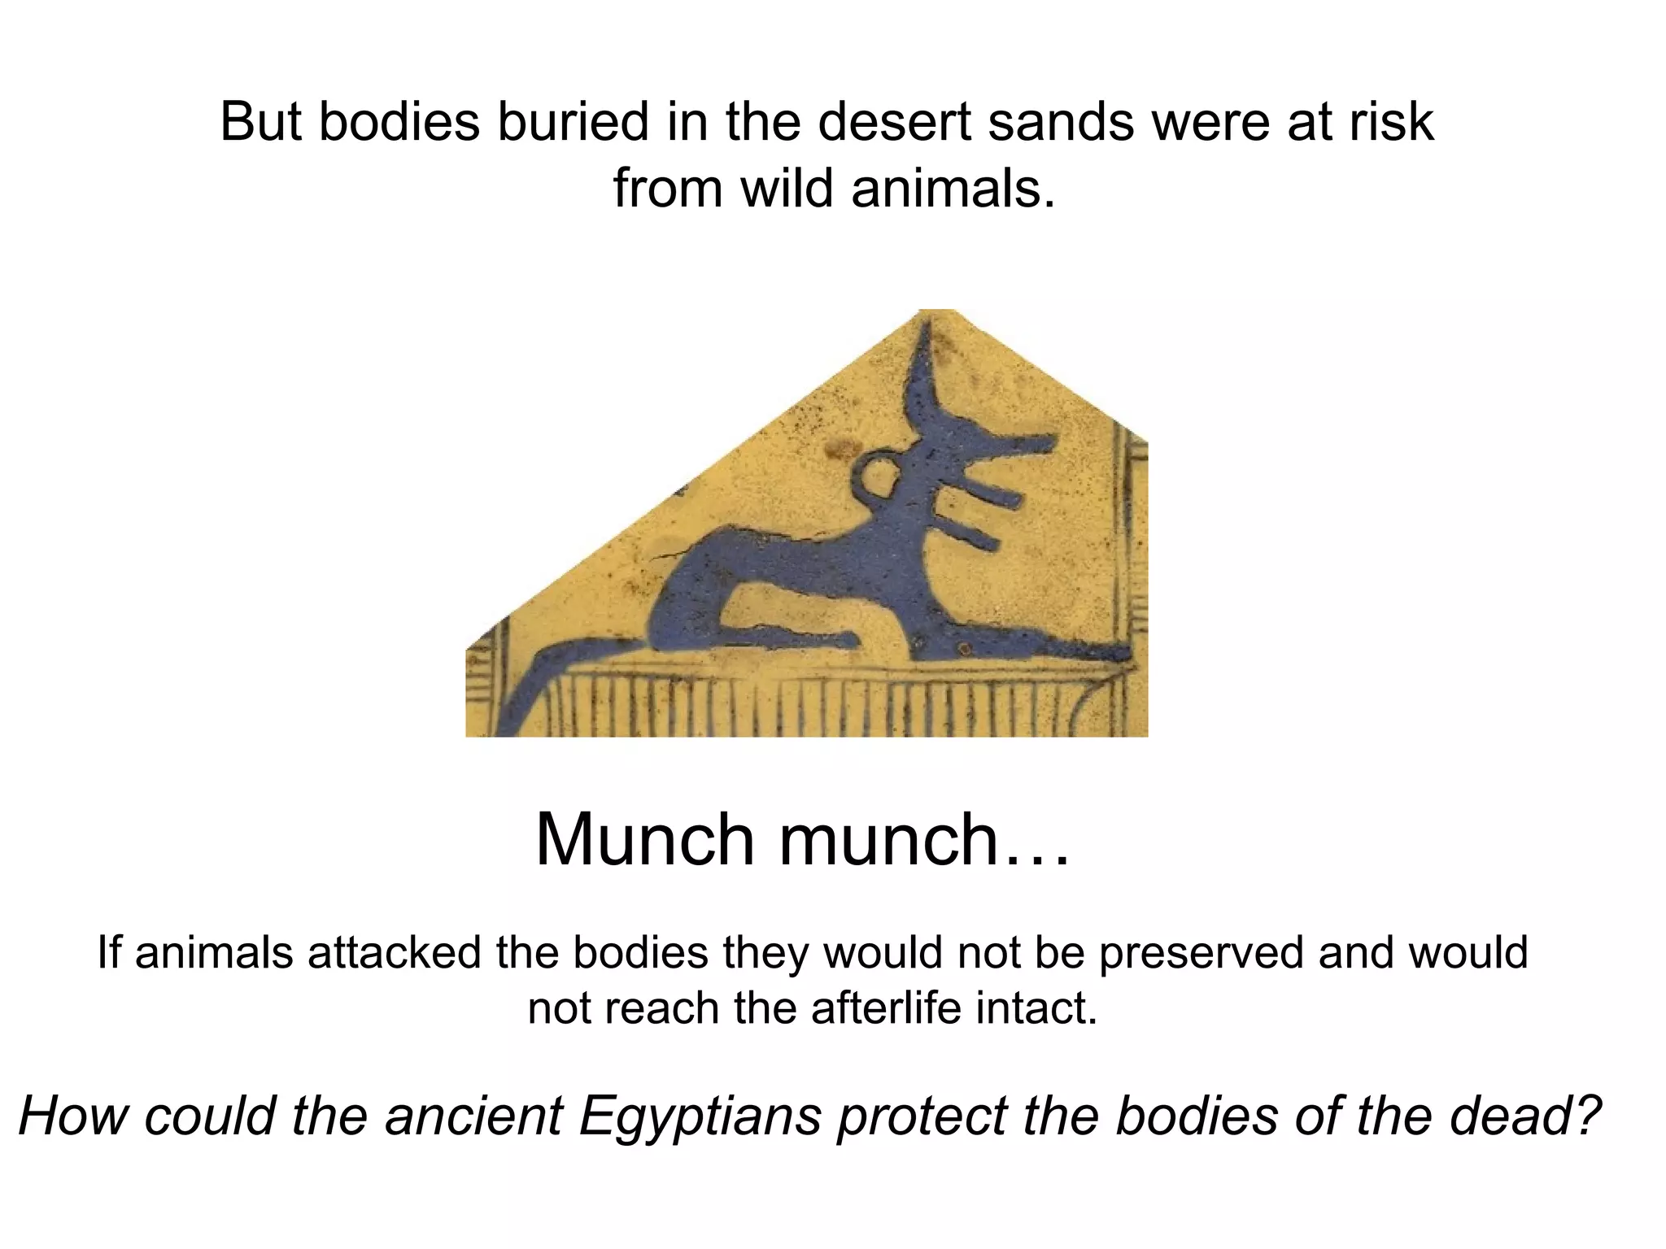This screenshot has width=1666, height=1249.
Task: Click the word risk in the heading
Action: click(1392, 123)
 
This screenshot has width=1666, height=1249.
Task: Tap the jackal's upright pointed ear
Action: click(927, 366)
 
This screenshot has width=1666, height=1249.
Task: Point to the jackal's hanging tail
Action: click(529, 683)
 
